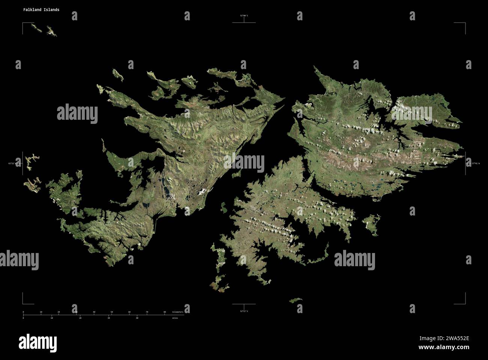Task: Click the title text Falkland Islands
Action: pos(41,10)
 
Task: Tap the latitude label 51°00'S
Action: pos(244,15)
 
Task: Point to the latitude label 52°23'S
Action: pos(244,311)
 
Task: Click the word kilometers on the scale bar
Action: pos(178,312)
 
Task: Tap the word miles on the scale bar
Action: pos(175,318)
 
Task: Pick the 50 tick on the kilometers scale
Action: pos(111,312)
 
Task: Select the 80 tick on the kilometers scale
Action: pos(164,312)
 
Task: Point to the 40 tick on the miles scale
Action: pos(137,318)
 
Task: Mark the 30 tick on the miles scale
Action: pos(108,318)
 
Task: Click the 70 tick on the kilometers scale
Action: pos(147,312)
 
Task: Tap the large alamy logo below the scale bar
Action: pos(38,342)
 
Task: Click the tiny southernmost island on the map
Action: pos(295,300)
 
